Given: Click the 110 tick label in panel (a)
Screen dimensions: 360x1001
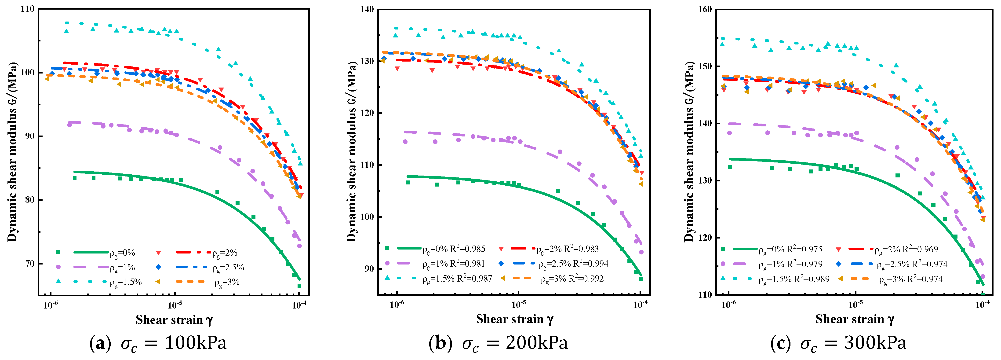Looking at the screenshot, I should coord(27,9).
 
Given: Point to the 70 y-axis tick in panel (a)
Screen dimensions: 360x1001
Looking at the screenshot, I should coord(29,264).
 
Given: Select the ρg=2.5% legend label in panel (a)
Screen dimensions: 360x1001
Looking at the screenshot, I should coord(228,268).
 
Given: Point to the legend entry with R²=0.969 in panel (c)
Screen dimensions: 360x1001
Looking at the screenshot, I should coord(906,250).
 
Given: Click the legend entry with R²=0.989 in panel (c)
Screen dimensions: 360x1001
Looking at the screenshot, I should coord(794,279).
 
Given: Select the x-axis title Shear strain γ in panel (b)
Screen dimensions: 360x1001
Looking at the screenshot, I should coord(514,320).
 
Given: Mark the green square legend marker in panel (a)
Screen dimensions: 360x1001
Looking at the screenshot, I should coord(58,252).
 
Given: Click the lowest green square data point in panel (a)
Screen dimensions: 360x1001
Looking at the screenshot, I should coord(299,287).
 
